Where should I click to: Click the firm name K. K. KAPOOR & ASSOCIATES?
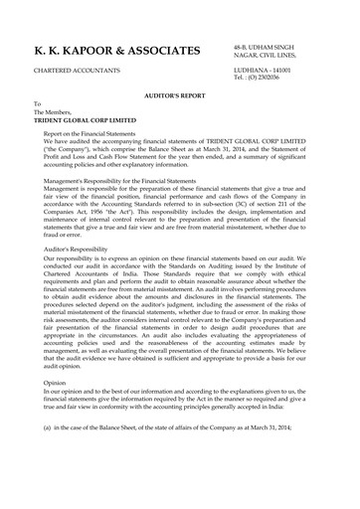(x=116, y=51)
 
